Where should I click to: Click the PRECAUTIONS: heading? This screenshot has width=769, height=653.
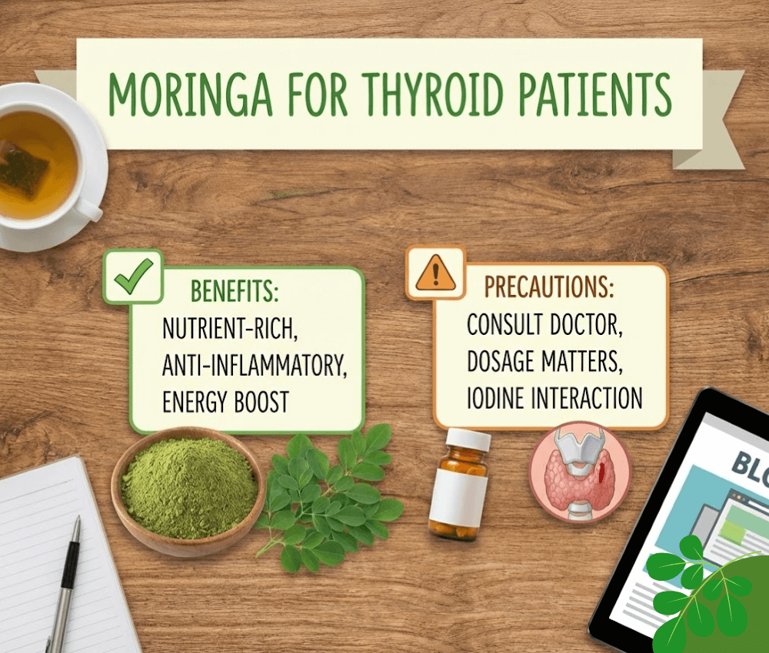(548, 287)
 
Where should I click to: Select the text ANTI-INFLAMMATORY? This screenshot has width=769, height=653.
(255, 365)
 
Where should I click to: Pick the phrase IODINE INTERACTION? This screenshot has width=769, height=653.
(554, 398)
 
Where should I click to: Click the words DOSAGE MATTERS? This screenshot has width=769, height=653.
(544, 361)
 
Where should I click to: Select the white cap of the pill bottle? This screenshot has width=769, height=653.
(468, 440)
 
